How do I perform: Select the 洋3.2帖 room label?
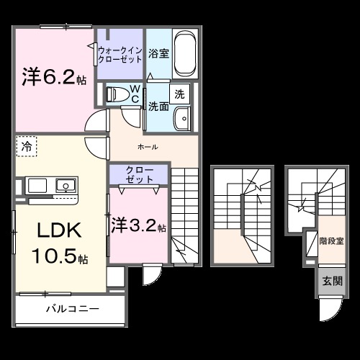coord(139,225)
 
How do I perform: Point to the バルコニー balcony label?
coord(73,310)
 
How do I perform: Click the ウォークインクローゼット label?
coord(120,54)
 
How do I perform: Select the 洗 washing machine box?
coord(179,93)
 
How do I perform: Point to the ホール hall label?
coord(147,147)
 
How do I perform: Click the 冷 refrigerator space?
coord(26,145)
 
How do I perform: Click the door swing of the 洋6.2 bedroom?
coord(94,122)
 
